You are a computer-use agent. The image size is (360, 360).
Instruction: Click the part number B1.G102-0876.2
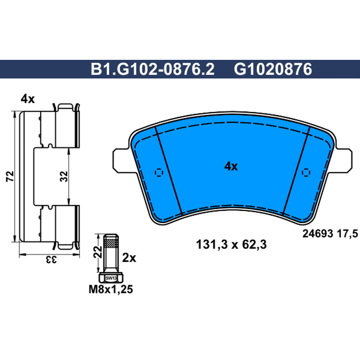click(153, 69)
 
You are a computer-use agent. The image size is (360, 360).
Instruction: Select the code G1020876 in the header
click(273, 69)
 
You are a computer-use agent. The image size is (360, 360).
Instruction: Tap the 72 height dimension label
click(10, 176)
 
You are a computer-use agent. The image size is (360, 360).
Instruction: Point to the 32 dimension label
click(64, 176)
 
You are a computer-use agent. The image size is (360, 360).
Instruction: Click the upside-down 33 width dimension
click(51, 260)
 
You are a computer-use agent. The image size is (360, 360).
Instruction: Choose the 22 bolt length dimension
click(98, 252)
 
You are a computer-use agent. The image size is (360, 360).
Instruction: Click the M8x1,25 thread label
click(111, 289)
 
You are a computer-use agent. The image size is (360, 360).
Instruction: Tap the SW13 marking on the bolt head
click(111, 278)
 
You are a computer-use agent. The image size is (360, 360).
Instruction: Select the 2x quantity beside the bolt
click(129, 258)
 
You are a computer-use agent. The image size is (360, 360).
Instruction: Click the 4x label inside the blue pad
click(231, 166)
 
